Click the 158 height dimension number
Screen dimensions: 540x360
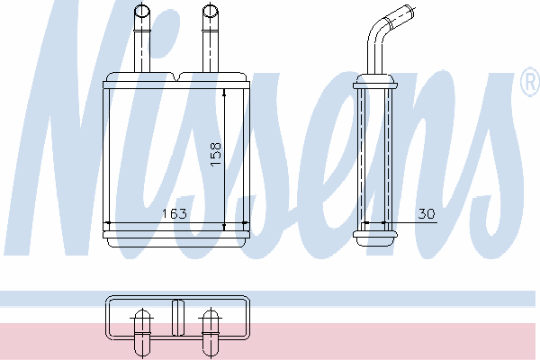[216, 154]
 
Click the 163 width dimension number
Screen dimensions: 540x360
[175, 213]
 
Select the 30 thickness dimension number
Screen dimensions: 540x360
[427, 213]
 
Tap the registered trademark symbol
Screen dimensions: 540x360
[531, 82]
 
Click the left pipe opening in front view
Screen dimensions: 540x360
[141, 10]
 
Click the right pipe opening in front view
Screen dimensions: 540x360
[210, 10]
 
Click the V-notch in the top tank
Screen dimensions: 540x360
[176, 77]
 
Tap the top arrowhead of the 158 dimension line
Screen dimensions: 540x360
[224, 93]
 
